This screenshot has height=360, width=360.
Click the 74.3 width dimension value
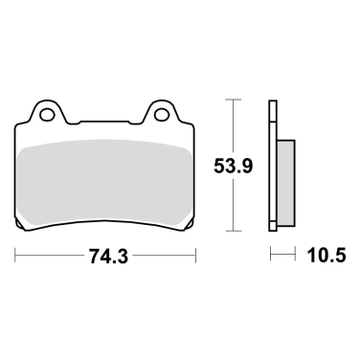pos(107,257)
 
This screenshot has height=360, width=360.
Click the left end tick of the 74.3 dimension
pos(16,256)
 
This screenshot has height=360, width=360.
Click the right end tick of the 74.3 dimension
pos(197,256)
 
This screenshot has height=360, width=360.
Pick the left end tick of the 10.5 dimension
pos(271,256)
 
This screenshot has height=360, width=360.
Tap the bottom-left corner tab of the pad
pos(25,226)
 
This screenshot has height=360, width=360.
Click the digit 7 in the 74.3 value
pos(92,257)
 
